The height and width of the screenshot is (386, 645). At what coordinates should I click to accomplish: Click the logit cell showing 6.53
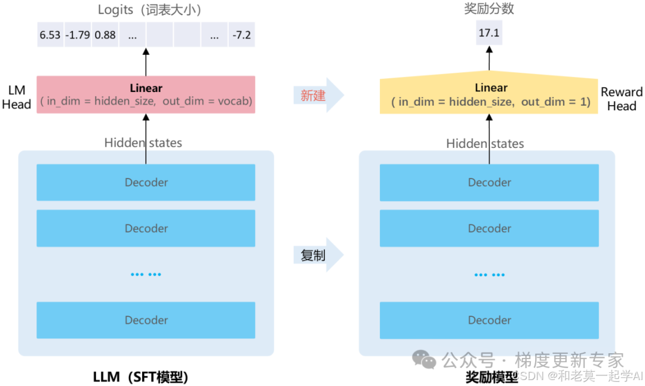click(50, 35)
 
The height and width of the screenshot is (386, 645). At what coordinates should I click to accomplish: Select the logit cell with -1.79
click(78, 35)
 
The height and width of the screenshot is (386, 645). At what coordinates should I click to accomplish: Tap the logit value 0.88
click(105, 35)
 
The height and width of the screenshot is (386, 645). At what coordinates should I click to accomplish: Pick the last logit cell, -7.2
click(242, 35)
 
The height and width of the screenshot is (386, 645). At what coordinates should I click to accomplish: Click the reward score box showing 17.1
click(489, 33)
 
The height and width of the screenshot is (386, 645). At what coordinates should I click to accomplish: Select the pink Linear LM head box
click(146, 95)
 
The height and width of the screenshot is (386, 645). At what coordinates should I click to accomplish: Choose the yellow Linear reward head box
click(490, 95)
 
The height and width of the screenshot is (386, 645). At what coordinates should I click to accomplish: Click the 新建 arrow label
click(313, 95)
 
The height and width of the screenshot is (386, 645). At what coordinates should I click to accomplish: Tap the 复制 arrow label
click(313, 255)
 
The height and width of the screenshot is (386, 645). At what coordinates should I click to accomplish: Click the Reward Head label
click(621, 99)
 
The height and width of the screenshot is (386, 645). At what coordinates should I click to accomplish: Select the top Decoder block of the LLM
click(146, 183)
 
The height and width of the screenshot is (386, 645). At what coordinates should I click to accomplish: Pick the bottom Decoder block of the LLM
click(146, 320)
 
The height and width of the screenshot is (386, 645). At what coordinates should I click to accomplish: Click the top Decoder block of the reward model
click(490, 183)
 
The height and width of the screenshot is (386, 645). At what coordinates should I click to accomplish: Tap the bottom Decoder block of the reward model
click(490, 320)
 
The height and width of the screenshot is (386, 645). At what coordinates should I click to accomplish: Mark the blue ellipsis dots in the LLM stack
click(146, 274)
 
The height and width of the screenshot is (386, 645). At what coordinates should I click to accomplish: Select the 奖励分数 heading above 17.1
click(489, 9)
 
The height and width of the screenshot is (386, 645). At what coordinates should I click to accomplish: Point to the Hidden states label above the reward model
click(485, 144)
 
